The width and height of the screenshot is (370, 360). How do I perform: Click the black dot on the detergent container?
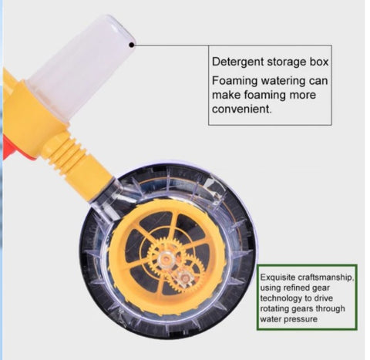[132, 45]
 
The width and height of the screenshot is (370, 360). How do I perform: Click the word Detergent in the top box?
[237, 62]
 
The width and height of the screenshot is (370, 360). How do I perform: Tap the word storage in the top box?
[286, 62]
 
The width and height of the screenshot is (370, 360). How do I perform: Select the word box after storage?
[318, 62]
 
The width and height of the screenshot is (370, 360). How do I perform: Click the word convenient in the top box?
[240, 109]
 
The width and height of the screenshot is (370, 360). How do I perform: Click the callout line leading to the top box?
[171, 45]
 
